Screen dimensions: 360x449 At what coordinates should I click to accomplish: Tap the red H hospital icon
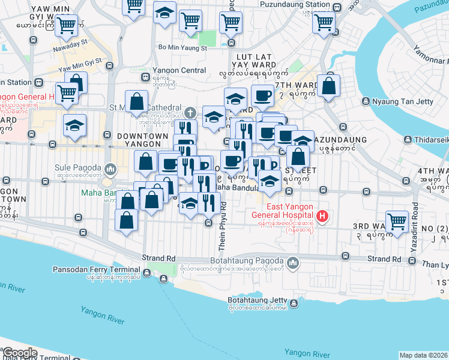tap(323, 216)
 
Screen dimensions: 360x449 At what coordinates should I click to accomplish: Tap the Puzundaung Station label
tap(295, 4)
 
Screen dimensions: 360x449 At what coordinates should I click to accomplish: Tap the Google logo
tap(20, 353)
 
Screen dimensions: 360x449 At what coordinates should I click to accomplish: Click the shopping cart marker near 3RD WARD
tap(397, 221)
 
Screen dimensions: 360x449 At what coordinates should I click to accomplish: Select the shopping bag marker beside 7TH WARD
tap(328, 85)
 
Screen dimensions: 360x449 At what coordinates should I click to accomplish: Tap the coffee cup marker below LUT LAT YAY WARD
tap(262, 95)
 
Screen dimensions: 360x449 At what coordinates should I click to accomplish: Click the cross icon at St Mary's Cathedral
tap(190, 112)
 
